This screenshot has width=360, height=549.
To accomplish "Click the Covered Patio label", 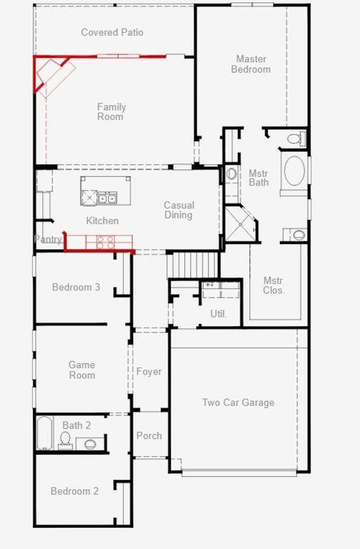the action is click(x=112, y=32).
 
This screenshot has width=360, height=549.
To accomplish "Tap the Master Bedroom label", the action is click(x=251, y=64).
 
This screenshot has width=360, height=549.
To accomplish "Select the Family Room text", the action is click(x=111, y=112).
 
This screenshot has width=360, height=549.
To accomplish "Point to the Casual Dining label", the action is click(x=179, y=210).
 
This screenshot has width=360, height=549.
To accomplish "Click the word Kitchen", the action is click(x=102, y=220).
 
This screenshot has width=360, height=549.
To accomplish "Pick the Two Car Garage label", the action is click(x=238, y=402).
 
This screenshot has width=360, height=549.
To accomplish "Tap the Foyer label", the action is click(x=149, y=372).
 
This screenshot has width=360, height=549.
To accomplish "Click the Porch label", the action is click(x=149, y=436).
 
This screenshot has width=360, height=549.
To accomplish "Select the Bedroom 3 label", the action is click(x=76, y=287).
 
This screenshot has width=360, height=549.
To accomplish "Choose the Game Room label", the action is click(x=82, y=370).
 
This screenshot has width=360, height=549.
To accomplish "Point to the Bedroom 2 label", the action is click(x=75, y=491).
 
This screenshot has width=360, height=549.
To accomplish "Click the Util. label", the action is click(x=218, y=314).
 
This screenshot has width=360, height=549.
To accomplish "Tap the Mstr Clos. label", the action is click(x=274, y=285).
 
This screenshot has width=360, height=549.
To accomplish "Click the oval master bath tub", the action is click(x=295, y=171).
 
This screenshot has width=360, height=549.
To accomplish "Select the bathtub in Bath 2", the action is click(x=45, y=433).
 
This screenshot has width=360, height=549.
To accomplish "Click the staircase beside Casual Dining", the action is click(x=193, y=265).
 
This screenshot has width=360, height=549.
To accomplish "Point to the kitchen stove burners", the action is click(x=105, y=242).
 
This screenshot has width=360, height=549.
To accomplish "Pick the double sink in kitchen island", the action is click(x=107, y=198).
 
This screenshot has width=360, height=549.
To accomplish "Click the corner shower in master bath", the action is click(x=240, y=224).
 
